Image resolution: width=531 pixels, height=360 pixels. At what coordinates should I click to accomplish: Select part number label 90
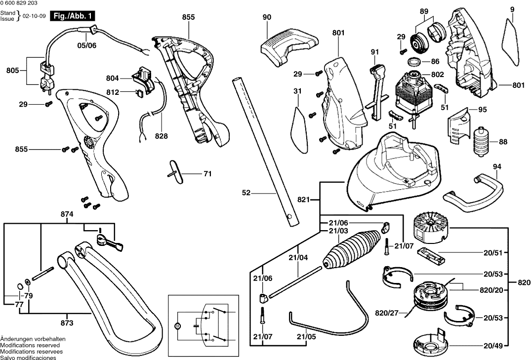pyautogui.click(x=267, y=17)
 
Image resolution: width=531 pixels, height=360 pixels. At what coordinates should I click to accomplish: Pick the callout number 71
pyautogui.click(x=207, y=174)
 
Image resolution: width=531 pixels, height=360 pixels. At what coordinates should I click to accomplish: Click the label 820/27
pyautogui.click(x=386, y=312)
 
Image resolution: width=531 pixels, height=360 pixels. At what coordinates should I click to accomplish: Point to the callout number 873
pyautogui.click(x=67, y=323)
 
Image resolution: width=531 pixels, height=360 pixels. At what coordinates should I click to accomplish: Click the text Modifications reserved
pyautogui.click(x=28, y=345)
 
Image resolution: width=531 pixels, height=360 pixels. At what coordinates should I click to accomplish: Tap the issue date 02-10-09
pyautogui.click(x=35, y=16)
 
